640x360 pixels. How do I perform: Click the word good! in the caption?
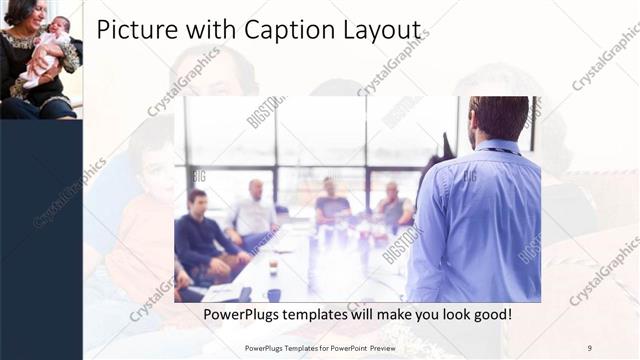coord(490,315)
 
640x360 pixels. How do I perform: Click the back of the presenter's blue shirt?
coord(480,220)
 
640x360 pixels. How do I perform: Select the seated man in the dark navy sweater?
coord(200,235)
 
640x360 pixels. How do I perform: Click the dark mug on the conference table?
coord(273,295)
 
